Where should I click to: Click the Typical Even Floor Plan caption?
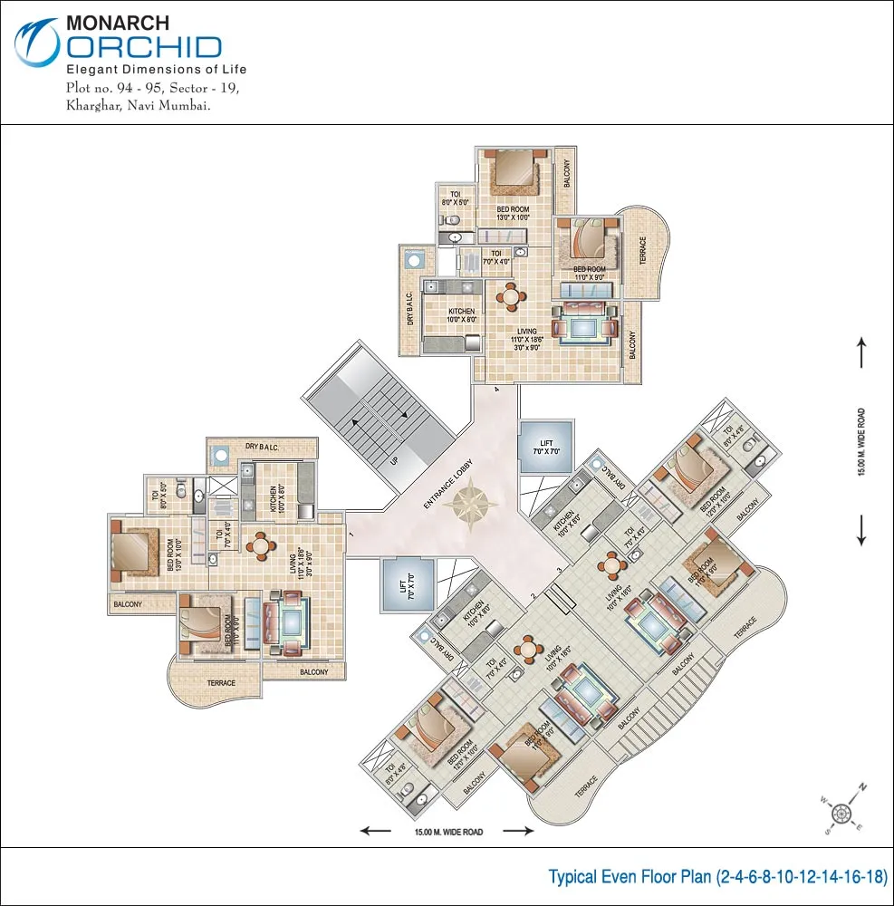point(717,877)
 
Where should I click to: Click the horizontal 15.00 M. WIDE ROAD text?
point(450,832)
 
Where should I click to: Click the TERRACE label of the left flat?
point(221,683)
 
